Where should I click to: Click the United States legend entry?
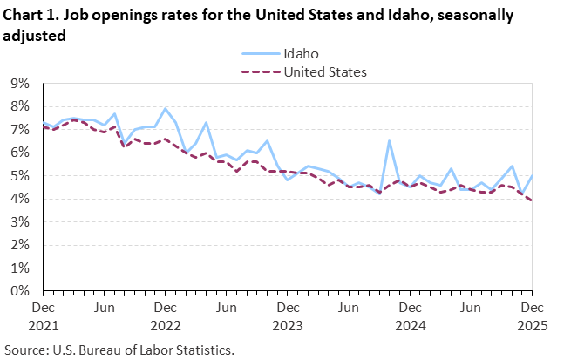click(324, 71)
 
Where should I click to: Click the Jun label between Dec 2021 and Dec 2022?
click(105, 308)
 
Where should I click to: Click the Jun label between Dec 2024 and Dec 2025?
click(469, 308)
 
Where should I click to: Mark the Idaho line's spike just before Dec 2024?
click(389, 140)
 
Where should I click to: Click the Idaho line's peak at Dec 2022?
click(165, 108)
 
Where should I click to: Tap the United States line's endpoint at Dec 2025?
click(530, 200)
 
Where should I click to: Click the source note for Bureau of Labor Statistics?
click(122, 349)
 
